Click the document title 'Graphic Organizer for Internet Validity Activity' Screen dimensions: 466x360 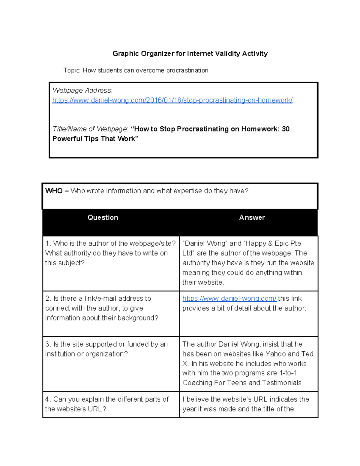[190, 54]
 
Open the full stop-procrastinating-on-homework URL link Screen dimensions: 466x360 [172, 100]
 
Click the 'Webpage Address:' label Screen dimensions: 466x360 [82, 90]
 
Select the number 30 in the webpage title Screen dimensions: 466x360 [286, 129]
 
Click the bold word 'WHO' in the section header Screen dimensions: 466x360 [54, 191]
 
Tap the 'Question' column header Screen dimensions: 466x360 [103, 218]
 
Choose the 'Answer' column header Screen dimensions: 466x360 [252, 218]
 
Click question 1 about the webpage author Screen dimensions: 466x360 [110, 253]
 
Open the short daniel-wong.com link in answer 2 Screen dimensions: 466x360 [229, 299]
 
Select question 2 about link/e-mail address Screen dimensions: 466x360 [101, 308]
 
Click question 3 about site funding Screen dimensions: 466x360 [106, 349]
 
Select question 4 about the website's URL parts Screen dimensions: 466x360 [106, 404]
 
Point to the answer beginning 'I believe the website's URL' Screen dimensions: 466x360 [245, 404]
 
